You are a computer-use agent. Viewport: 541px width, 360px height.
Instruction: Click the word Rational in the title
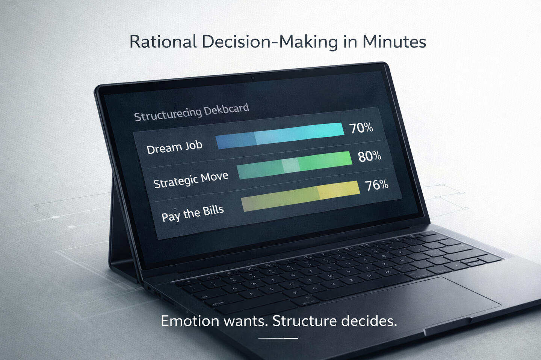[163, 42]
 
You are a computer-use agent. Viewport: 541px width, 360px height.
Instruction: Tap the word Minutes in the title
[394, 42]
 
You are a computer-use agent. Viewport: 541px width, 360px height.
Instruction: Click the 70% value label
[361, 128]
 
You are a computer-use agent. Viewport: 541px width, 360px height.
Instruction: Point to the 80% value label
[370, 156]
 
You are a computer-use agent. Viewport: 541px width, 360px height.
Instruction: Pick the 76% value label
[377, 185]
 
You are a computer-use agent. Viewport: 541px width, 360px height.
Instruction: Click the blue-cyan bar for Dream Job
[280, 136]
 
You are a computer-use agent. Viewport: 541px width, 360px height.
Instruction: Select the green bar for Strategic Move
[295, 165]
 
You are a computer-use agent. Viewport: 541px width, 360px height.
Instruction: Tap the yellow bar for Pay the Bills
[301, 196]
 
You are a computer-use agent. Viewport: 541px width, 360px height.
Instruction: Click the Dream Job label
[174, 147]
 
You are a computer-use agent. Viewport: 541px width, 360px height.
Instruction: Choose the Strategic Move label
[191, 180]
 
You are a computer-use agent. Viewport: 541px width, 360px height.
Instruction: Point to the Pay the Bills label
[192, 213]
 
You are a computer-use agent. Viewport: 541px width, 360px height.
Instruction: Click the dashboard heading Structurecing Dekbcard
[192, 112]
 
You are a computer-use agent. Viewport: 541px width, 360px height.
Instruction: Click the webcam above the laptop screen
[253, 78]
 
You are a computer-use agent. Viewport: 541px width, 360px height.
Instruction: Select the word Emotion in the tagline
[190, 321]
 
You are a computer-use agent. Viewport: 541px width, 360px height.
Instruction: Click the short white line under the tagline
[278, 339]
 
